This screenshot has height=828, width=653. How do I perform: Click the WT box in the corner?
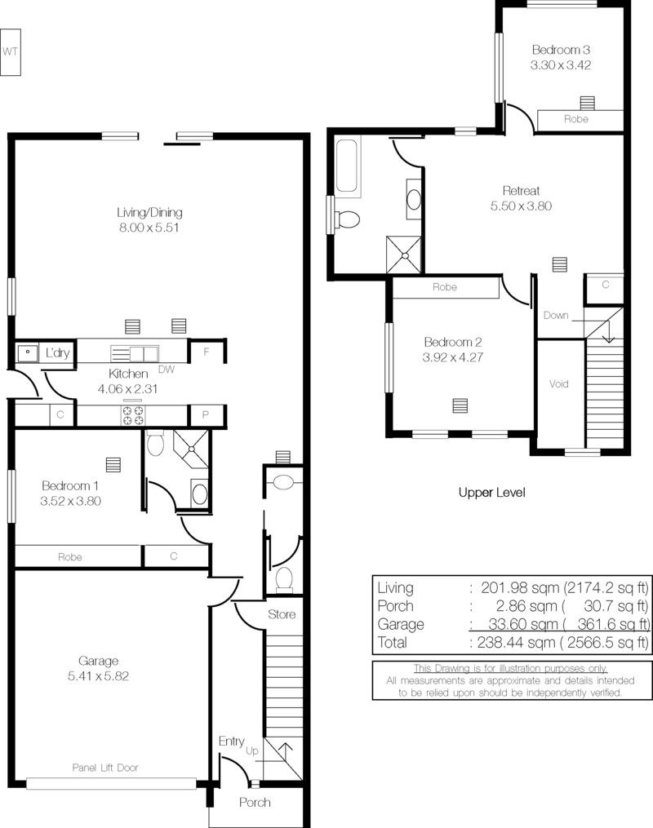pyautogui.click(x=10, y=51)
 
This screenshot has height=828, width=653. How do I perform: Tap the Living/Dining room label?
pyautogui.click(x=149, y=212)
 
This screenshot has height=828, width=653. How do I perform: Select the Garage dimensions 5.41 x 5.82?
pyautogui.click(x=98, y=676)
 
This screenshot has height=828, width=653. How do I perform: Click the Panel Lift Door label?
pyautogui.click(x=105, y=768)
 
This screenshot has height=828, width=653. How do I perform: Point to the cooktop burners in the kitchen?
pyautogui.click(x=133, y=415)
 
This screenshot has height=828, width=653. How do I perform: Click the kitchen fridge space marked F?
pyautogui.click(x=207, y=351)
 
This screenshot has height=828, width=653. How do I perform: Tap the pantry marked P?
pyautogui.click(x=206, y=415)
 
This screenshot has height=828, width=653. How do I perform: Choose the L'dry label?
pyautogui.click(x=58, y=352)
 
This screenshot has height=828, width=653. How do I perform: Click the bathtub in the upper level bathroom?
pyautogui.click(x=348, y=166)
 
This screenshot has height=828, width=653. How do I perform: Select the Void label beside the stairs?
pyautogui.click(x=558, y=384)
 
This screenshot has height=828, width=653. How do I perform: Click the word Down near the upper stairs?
pyautogui.click(x=556, y=315)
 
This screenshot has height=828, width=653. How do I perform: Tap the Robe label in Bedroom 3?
pyautogui.click(x=576, y=119)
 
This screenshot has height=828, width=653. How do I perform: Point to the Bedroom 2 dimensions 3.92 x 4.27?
pyautogui.click(x=453, y=357)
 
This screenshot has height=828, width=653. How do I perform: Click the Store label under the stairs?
pyautogui.click(x=282, y=614)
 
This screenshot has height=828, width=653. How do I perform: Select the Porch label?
pyautogui.click(x=255, y=802)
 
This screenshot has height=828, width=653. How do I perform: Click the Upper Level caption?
pyautogui.click(x=492, y=493)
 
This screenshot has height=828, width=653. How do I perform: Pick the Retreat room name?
pyautogui.click(x=521, y=191)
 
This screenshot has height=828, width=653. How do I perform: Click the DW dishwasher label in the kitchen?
pyautogui.click(x=167, y=370)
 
